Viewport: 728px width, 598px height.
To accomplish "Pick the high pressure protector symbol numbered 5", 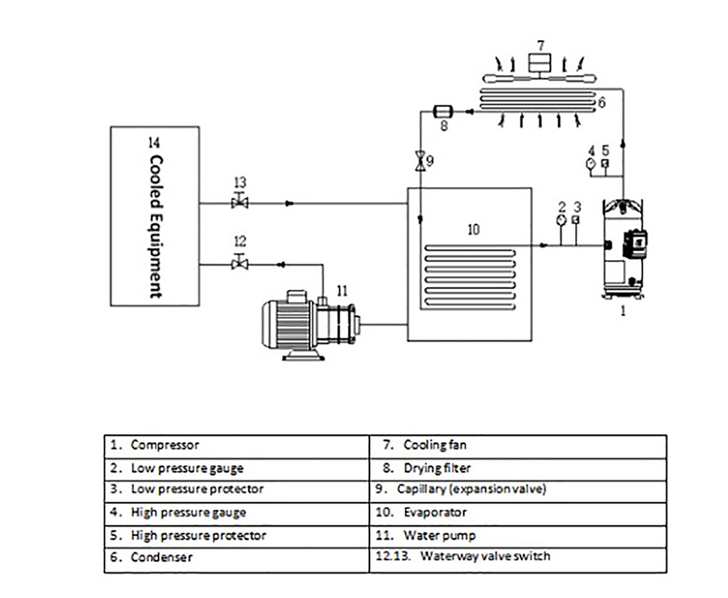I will (x=605, y=163).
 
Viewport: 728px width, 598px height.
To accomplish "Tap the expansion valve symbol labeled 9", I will (x=419, y=162).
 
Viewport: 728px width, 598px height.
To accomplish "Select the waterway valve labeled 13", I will (x=240, y=203).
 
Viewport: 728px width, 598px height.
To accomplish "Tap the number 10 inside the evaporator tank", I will (x=473, y=229).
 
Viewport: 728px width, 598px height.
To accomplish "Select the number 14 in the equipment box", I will (x=154, y=143).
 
